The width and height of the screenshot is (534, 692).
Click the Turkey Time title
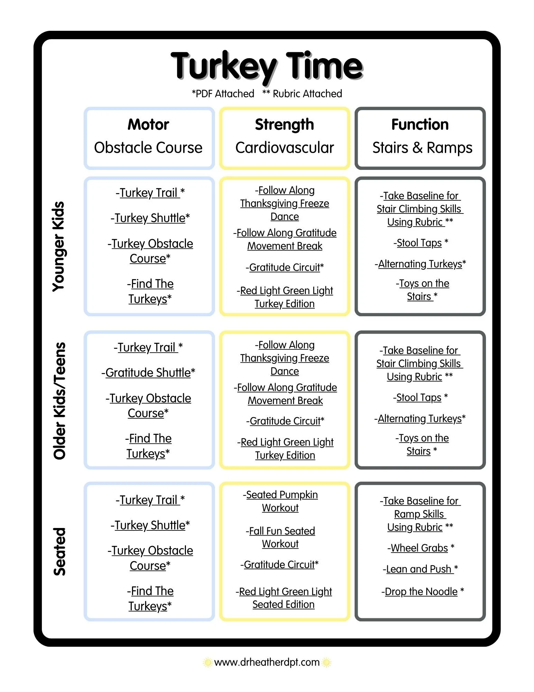coord(267,67)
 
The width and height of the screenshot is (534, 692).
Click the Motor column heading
coord(148,124)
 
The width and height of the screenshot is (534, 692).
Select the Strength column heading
coord(284,125)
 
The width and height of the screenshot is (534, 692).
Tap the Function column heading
coord(420,124)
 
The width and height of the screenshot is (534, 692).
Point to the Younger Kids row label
coord(58,246)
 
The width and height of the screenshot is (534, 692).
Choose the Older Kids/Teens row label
coord(59,401)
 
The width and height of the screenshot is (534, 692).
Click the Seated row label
coord(59,552)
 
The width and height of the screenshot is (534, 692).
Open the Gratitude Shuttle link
coord(148,373)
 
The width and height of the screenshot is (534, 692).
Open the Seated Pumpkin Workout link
coord(280,501)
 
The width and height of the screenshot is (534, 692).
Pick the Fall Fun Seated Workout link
coord(280,537)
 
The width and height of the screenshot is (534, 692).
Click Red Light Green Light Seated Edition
coord(284,598)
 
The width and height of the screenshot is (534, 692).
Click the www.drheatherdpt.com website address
coord(267,662)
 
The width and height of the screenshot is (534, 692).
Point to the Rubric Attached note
coord(302,94)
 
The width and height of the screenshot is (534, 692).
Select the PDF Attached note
coord(223,94)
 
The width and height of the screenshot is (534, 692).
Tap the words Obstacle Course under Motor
coord(148,148)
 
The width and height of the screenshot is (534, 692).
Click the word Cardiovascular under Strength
coord(285,148)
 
